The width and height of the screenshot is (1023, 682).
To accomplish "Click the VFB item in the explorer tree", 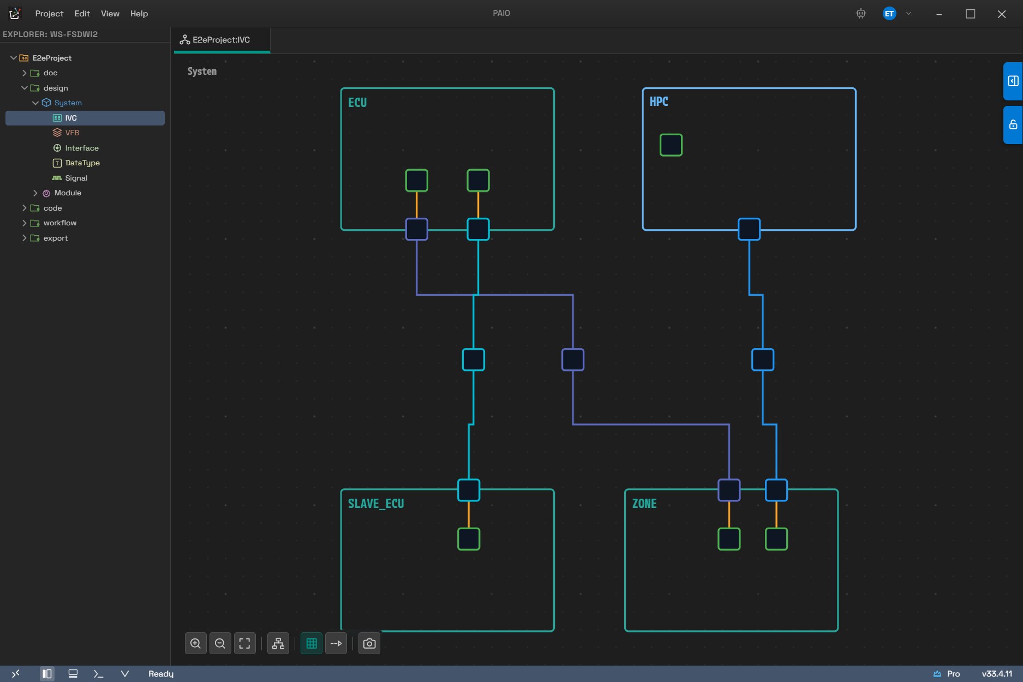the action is click(72, 133).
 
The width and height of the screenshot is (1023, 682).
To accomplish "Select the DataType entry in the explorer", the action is click(82, 163).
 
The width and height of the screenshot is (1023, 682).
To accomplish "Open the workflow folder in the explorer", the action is click(60, 223).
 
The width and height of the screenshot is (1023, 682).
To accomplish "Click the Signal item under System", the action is click(76, 178).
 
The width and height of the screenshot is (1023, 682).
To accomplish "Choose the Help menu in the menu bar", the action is click(139, 14).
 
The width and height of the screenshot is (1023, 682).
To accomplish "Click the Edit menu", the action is click(82, 14).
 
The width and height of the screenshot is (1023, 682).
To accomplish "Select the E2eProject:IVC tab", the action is click(221, 40).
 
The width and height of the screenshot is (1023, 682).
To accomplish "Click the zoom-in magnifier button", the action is click(196, 643).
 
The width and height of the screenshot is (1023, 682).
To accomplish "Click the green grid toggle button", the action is click(312, 643).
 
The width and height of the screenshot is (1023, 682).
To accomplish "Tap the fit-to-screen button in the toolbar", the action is click(245, 643).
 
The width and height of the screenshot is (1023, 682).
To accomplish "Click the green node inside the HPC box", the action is click(671, 145).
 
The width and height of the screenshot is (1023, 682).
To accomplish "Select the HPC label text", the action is click(659, 101).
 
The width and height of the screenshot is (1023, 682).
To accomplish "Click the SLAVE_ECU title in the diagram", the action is click(376, 504).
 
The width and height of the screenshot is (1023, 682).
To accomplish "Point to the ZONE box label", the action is click(644, 504).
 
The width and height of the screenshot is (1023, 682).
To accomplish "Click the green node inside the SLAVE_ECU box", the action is click(469, 539).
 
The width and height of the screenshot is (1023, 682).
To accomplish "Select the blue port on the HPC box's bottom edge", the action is click(749, 229).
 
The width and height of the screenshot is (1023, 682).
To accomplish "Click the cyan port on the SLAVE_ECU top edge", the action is click(469, 490).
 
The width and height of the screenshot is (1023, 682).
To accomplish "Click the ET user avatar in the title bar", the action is click(889, 14).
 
